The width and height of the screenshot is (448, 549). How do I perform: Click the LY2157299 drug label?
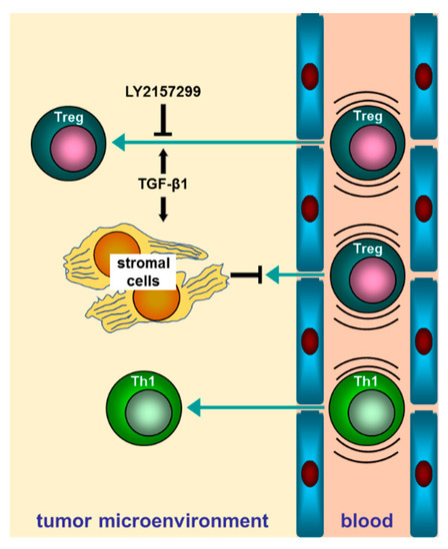click(x=161, y=93)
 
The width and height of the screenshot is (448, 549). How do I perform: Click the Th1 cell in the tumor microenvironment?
click(x=142, y=407)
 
